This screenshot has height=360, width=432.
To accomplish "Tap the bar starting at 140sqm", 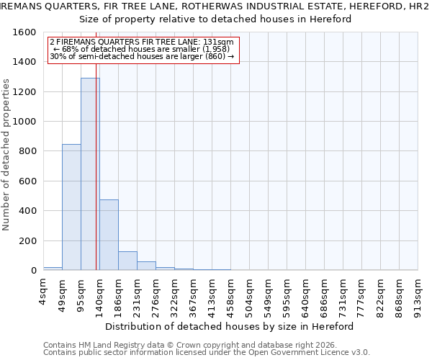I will click(109, 235).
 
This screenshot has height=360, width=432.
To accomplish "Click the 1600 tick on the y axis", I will click(24, 32).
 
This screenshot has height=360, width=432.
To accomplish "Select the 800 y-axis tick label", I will click(27, 151).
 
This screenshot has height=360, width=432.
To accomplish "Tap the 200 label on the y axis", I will click(27, 240).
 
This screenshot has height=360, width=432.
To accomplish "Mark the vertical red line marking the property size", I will click(96, 180).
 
